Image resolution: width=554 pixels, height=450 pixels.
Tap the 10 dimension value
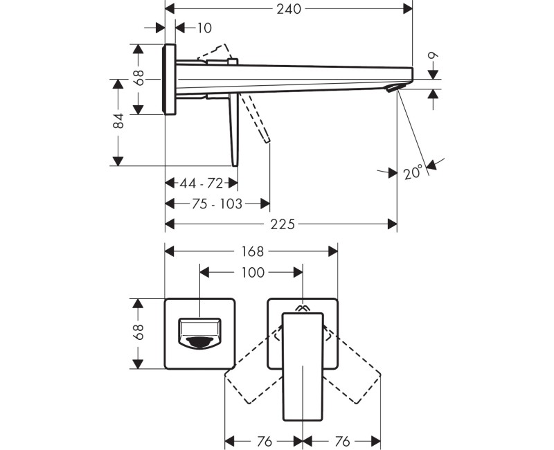click(x=204, y=28)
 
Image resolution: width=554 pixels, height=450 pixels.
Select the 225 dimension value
click(x=283, y=224)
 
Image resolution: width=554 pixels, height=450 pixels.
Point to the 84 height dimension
click(x=118, y=122)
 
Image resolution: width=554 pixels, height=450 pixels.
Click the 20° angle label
click(x=413, y=172)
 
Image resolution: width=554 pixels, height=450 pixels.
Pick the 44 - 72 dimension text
click(x=201, y=183)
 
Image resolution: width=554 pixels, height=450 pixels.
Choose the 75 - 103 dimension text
click(x=217, y=204)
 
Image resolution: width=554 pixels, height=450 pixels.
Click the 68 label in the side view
click(x=139, y=77)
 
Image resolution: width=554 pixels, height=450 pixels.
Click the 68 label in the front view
click(x=139, y=334)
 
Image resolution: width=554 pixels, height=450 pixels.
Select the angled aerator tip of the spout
click(x=394, y=89)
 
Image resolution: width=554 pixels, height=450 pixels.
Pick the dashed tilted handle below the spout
click(x=256, y=119)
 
